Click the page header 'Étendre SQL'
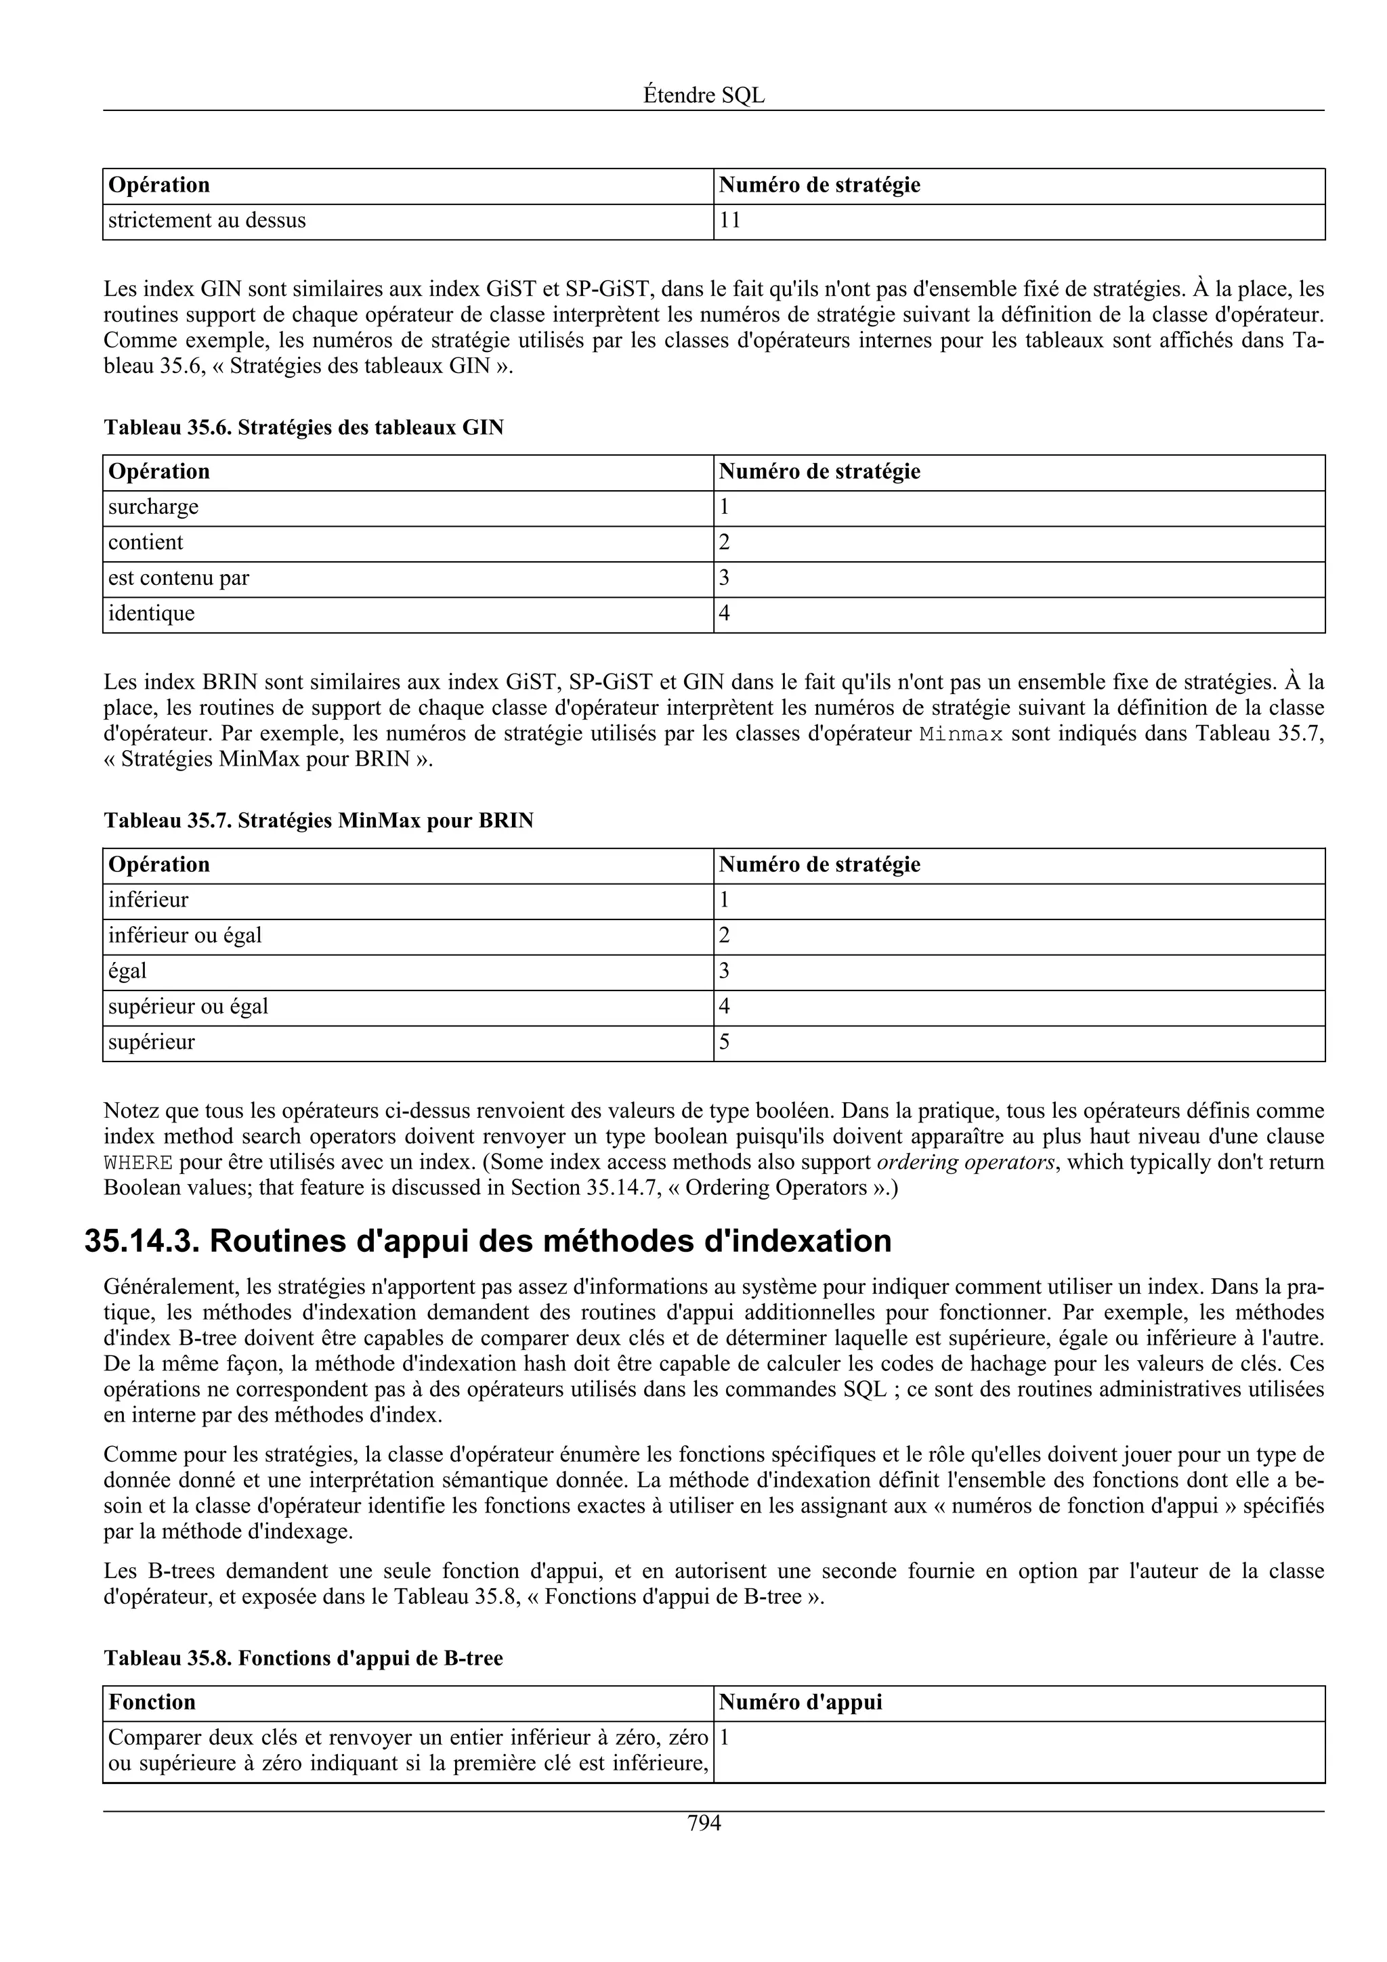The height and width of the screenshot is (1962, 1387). tap(704, 95)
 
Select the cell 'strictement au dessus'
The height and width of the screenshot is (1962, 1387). tap(207, 221)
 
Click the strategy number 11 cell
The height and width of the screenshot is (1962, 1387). tap(730, 221)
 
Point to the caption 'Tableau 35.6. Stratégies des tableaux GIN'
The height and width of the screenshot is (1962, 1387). tap(303, 427)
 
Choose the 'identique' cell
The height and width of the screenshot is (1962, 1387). tap(151, 613)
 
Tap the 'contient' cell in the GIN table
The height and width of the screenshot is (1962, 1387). tap(146, 542)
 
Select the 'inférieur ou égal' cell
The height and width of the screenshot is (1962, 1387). tap(185, 936)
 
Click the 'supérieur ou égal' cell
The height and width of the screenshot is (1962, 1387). tap(188, 1007)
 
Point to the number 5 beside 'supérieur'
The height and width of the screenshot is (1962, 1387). tap(724, 1042)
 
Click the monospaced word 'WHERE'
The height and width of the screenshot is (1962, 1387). tap(137, 1163)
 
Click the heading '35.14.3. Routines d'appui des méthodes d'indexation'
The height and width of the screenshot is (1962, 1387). tap(487, 1242)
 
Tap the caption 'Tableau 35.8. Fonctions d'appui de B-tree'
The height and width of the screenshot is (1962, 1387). tap(303, 1658)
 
